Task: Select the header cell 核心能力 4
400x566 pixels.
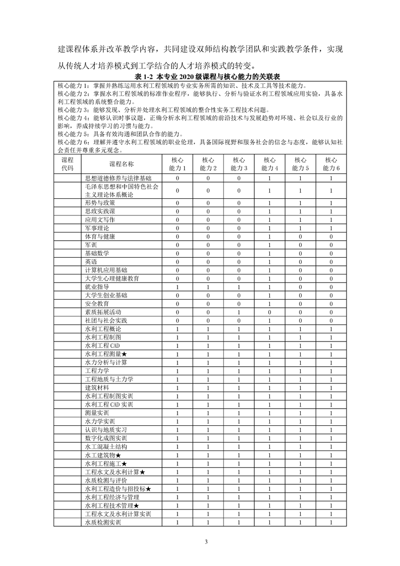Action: [270, 164]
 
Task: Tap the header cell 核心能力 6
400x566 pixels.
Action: [331, 164]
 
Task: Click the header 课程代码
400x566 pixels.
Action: [67, 164]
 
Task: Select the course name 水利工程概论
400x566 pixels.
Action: [103, 329]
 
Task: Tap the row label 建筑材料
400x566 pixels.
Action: [97, 387]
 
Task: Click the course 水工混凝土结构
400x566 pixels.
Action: [106, 446]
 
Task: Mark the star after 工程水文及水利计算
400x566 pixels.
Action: [143, 472]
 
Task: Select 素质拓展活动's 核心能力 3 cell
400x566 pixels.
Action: [239, 312]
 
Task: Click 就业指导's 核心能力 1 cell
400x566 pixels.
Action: [178, 287]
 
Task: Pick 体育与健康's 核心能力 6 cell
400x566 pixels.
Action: [331, 236]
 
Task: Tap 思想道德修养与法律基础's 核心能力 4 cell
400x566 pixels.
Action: [270, 178]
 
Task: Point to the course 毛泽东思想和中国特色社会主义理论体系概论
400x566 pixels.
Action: [122, 190]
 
